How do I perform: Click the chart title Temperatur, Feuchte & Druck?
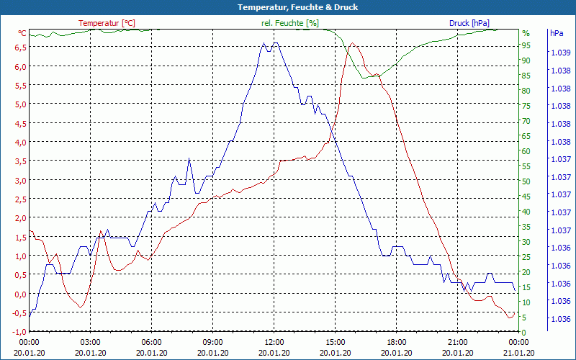(x=288, y=7)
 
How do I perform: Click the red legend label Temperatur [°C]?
(x=107, y=23)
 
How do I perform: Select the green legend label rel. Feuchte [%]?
(x=289, y=23)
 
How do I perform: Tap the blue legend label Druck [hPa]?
(x=469, y=23)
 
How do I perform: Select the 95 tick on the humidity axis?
(x=526, y=45)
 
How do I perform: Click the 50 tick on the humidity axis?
(x=526, y=181)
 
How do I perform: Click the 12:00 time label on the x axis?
(x=274, y=342)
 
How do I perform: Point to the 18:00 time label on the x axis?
(x=396, y=342)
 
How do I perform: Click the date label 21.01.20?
(x=518, y=352)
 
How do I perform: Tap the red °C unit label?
(x=22, y=33)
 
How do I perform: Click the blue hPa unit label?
(x=557, y=33)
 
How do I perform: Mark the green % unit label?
(x=526, y=33)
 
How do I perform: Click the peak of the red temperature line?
(x=352, y=43)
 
